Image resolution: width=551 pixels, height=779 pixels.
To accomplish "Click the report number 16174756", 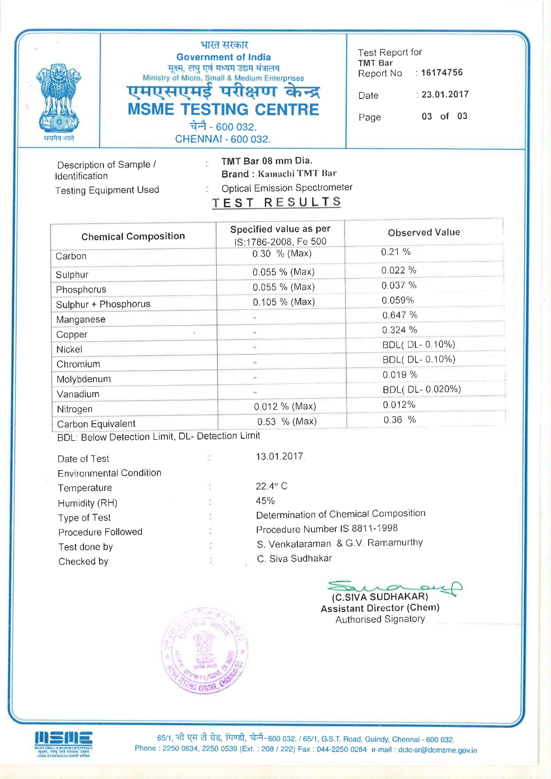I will coord(441,73).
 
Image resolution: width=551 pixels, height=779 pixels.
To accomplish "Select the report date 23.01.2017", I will coord(445,94).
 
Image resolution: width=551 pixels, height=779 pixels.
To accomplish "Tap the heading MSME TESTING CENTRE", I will coord(223,110).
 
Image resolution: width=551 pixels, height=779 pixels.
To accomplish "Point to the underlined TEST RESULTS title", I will coord(276,202).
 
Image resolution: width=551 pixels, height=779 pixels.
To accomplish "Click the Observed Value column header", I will coord(424,233).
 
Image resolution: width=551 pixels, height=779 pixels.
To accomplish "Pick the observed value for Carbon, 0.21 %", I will coord(396,252).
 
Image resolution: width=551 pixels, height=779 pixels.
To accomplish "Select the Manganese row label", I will coord(81,320).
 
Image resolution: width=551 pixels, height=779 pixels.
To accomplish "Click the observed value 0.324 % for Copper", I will coord(399,330).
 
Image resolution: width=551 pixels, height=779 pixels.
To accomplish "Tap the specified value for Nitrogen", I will coord(285,406).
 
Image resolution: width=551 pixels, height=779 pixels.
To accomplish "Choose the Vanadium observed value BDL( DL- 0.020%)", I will coord(422,389).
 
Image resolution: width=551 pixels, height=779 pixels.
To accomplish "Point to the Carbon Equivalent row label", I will coord(96,424).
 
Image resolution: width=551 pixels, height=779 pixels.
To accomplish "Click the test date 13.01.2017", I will coord(279,456).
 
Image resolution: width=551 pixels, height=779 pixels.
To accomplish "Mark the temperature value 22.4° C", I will coord(272,486).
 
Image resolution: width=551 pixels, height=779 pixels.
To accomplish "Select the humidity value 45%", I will coord(265,501).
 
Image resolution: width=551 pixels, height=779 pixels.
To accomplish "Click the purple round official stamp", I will coord(204,651).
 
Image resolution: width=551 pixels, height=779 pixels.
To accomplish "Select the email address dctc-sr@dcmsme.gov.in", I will coord(437,750).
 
